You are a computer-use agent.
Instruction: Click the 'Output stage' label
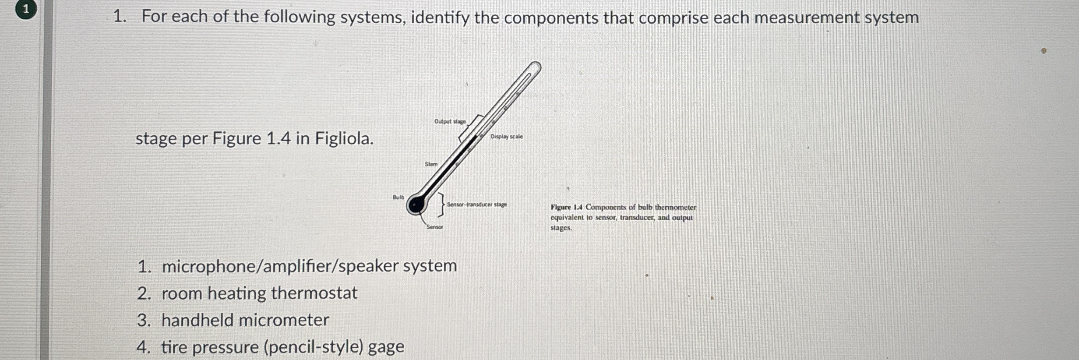[x=450, y=121]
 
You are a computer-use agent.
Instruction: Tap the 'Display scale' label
[x=506, y=137]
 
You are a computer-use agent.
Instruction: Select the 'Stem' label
[x=431, y=164]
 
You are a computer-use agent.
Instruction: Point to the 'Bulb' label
[x=398, y=197]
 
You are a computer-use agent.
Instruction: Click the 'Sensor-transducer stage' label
[x=476, y=205]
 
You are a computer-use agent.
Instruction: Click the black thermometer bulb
[x=415, y=205]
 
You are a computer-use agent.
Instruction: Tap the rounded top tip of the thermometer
[x=536, y=67]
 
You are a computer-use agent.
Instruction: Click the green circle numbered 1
[x=26, y=10]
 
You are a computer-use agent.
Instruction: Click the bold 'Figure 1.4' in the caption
[x=566, y=207]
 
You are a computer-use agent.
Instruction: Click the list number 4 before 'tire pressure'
[x=143, y=347]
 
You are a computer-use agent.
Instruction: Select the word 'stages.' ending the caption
[x=561, y=228]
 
